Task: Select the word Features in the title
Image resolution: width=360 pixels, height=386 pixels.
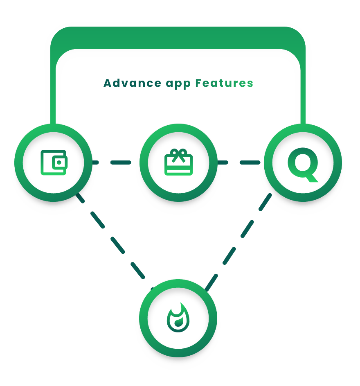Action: [224, 84]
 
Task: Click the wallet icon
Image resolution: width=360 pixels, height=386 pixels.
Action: [54, 163]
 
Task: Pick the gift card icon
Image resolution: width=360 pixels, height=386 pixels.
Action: [178, 163]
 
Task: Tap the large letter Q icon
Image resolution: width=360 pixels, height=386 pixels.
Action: [303, 163]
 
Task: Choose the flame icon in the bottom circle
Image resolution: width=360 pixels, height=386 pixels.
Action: [178, 318]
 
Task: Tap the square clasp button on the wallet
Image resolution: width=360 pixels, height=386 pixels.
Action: [60, 163]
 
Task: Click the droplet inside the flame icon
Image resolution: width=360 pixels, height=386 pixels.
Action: [178, 324]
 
